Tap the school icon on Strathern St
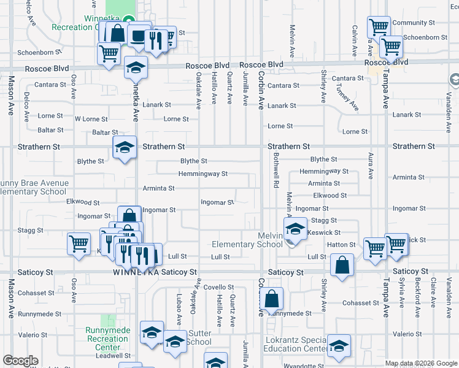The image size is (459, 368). (125, 148)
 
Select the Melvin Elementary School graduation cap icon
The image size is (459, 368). (295, 230)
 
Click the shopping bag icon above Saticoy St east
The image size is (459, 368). (342, 266)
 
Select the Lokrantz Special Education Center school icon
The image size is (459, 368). (338, 347)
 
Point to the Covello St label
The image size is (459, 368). (219, 287)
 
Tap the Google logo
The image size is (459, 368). (20, 361)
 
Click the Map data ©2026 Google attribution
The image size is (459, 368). (421, 362)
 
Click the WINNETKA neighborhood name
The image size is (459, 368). (130, 272)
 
